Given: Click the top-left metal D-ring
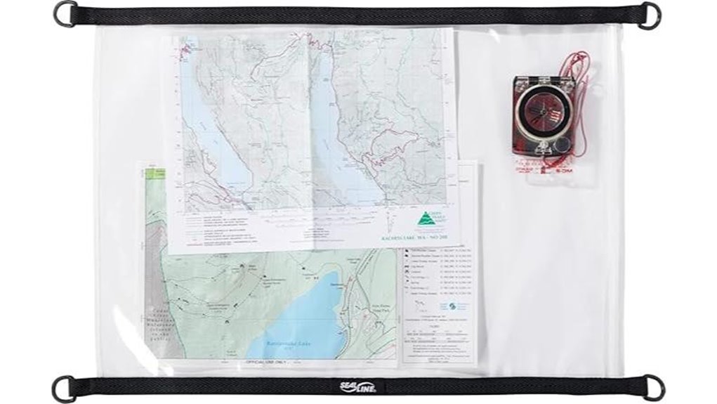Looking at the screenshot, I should (65, 13).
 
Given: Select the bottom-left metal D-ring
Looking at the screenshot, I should (64, 389).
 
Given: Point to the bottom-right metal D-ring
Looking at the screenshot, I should (653, 387).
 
